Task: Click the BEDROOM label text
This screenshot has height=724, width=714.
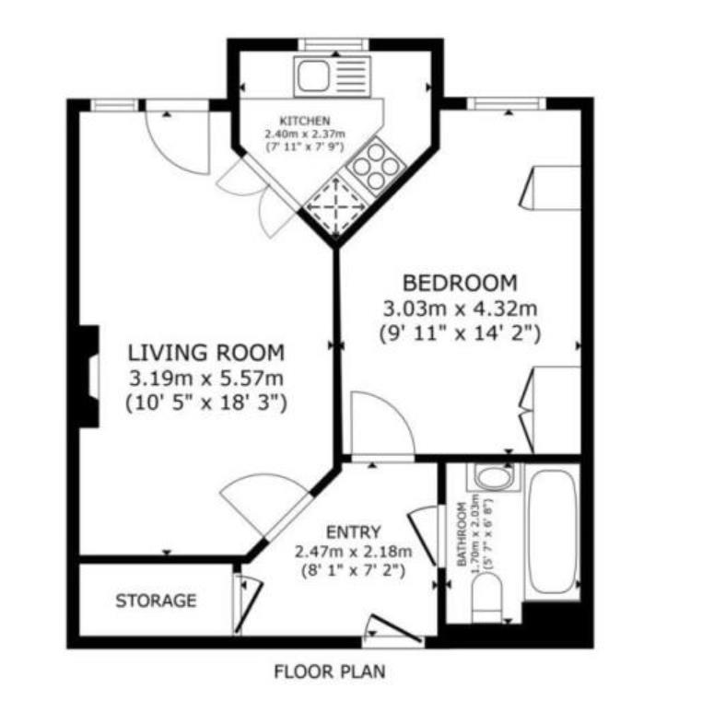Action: (460, 283)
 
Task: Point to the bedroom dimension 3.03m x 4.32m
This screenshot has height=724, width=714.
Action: (460, 308)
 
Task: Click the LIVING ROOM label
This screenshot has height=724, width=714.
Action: (205, 352)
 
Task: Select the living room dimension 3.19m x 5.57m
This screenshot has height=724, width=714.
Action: (205, 377)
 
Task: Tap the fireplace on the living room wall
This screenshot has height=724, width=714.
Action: (89, 376)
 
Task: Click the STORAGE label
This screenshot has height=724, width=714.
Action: (156, 601)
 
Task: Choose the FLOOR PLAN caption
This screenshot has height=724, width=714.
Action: (329, 672)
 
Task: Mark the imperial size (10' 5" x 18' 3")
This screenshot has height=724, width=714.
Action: (205, 402)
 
